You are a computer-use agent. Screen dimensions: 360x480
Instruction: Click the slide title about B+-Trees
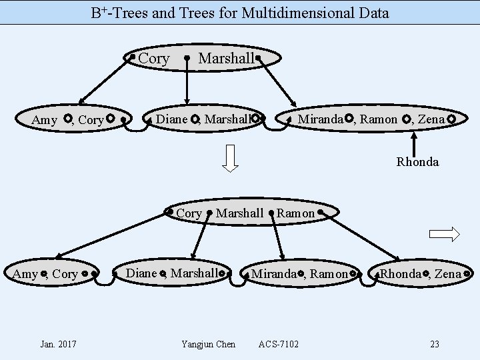(240, 12)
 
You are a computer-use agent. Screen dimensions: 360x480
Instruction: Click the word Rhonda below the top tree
(417, 161)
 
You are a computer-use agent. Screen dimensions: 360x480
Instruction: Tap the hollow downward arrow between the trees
(230, 158)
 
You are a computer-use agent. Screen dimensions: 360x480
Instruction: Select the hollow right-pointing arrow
(445, 233)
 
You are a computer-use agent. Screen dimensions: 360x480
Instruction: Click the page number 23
(435, 344)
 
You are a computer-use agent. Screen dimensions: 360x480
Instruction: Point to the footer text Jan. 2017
(58, 344)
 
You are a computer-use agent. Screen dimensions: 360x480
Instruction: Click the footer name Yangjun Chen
(208, 344)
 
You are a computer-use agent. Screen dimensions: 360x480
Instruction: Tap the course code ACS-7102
(279, 344)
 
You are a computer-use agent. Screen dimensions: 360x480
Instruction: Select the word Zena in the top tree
(433, 119)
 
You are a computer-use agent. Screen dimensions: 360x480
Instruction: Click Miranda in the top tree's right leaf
(321, 119)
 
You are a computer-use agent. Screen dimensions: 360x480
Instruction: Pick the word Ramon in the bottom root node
(295, 213)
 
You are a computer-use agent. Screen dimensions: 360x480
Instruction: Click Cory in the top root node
(154, 59)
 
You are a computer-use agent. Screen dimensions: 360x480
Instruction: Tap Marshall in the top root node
(227, 59)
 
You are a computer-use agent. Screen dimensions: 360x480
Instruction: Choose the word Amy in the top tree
(45, 120)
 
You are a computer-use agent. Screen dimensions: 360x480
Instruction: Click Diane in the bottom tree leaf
(141, 273)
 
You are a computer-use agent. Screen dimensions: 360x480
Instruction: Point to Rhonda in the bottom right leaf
(400, 273)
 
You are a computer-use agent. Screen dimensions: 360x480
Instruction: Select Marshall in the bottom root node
(240, 213)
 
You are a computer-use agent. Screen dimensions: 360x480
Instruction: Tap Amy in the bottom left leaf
(25, 274)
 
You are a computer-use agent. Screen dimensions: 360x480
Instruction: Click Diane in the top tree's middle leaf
(172, 119)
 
